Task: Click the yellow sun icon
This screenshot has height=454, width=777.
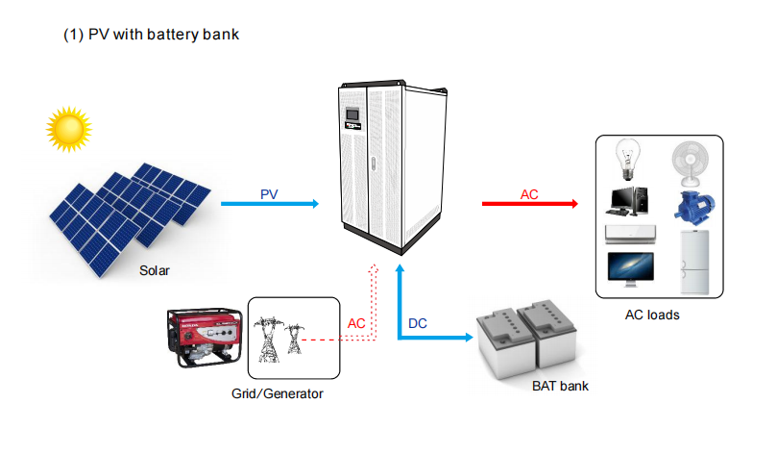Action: point(69,129)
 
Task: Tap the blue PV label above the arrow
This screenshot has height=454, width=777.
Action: point(269,194)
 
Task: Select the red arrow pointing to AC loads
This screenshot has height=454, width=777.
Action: point(530,203)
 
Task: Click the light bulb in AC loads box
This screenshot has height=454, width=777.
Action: point(627,160)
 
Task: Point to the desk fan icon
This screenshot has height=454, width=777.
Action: point(691,164)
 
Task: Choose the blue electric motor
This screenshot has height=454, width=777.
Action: point(693,208)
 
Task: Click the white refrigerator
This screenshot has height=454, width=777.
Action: point(694,262)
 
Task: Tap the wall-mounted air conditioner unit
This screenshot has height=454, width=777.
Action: point(630,234)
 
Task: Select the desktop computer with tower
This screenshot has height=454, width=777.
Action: point(627,201)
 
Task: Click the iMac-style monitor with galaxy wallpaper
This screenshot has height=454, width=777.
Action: point(630,269)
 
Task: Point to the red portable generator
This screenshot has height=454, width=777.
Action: point(205,337)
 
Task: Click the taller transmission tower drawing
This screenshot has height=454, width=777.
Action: point(268,340)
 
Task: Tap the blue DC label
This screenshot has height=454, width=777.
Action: point(417,323)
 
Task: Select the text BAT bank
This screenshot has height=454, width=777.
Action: point(560,386)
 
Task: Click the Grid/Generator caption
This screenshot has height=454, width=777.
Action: point(277,393)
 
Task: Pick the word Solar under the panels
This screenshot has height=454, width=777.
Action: point(154,270)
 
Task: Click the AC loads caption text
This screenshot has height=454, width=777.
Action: point(652,315)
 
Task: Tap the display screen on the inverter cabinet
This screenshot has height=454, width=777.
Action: point(352,114)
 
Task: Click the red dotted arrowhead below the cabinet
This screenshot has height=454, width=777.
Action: point(374,269)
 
